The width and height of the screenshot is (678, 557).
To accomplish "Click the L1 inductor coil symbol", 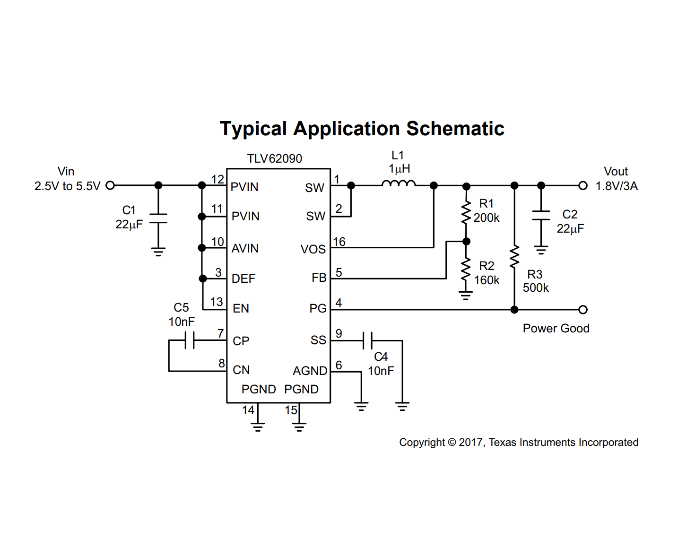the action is point(398,183).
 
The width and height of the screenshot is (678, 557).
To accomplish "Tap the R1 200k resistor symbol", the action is point(466,212).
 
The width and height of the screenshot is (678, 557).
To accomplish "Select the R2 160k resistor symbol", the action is point(466,270).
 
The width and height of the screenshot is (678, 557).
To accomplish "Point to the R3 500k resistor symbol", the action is point(514,256).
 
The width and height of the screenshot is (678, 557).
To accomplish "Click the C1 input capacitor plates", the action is point(158,218).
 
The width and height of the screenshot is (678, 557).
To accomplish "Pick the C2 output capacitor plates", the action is point(541,215).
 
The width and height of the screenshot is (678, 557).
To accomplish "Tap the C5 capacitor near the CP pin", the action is point(190,340).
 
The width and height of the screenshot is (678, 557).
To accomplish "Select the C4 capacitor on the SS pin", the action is point(367,340).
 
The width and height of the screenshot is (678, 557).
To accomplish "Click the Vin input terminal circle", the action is point(110,185).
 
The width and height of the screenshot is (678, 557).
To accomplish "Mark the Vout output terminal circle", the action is point(583,185).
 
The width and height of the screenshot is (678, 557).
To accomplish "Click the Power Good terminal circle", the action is point(583,309).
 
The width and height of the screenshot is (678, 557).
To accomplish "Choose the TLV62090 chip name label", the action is point(274,158).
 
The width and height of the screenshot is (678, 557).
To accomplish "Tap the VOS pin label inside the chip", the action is point(313,249).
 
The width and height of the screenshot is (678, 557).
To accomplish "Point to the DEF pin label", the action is point(243,278).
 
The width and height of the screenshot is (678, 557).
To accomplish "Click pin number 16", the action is point(339,242).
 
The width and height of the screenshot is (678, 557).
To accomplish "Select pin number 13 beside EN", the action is point(217,302).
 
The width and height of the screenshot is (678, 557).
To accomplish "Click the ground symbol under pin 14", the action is point(258,427).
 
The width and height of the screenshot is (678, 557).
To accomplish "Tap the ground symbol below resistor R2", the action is point(466,295).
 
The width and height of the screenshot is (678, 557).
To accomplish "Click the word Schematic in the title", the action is point(455,129).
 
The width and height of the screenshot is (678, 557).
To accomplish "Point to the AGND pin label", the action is point(310,371).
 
